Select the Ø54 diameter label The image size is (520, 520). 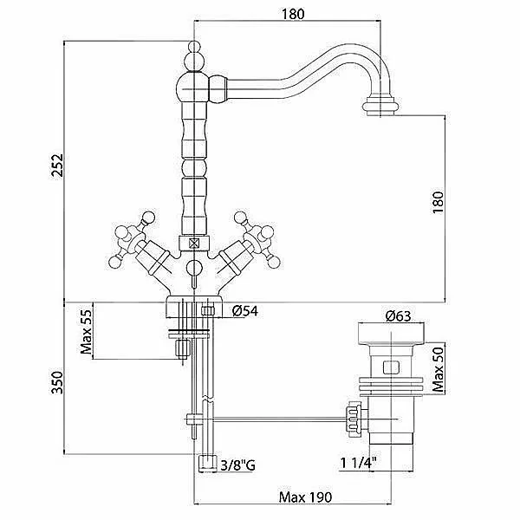click(x=245, y=311)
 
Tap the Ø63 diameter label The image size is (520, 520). click(x=399, y=316)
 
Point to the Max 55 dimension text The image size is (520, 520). click(x=86, y=332)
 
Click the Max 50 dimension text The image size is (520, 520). click(x=438, y=370)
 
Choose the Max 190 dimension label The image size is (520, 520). click(x=305, y=497)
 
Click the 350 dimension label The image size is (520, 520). click(x=56, y=382)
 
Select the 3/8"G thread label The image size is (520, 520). click(x=237, y=465)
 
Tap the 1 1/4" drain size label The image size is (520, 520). click(x=359, y=462)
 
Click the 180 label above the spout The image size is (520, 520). click(x=293, y=14)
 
